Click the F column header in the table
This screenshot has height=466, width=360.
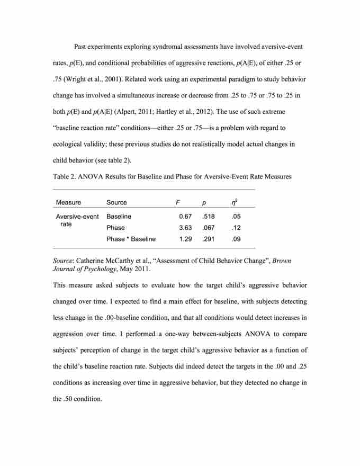pos(177,202)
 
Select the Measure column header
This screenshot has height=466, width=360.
pos(68,202)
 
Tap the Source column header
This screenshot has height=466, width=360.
pos(116,202)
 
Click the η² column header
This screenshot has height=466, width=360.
pos(234,202)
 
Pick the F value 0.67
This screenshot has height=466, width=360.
pos(185,216)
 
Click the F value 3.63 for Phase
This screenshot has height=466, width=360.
pos(185,228)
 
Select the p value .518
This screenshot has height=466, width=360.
pos(208,216)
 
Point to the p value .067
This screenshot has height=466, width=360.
pos(208,228)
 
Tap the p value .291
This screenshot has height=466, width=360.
pos(208,239)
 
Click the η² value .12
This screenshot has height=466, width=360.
pos(236,228)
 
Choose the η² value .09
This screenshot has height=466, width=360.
pos(236,239)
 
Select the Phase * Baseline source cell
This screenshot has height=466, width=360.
pos(131,239)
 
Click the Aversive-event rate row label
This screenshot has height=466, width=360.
pos(77,220)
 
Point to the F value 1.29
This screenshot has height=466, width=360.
pos(185,239)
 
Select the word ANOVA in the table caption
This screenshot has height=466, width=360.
pos(88,176)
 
